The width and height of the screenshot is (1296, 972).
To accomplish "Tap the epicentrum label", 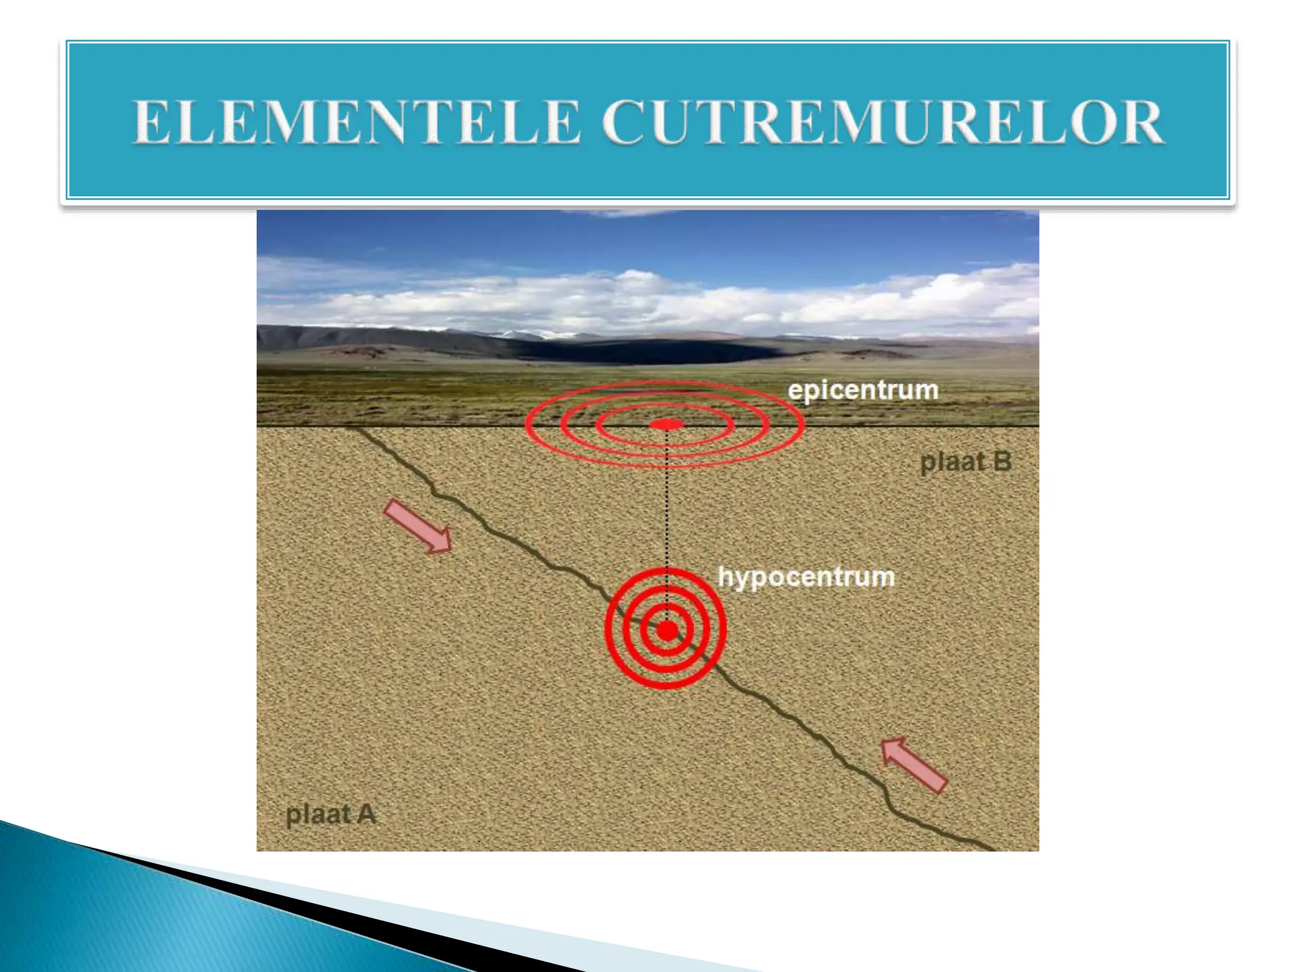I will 863,390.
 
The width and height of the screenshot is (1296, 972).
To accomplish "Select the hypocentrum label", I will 806,577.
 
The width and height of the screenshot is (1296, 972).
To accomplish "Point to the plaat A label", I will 331,814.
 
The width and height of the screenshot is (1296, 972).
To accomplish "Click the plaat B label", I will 965,462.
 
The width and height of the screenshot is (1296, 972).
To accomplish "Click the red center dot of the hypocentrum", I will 666,630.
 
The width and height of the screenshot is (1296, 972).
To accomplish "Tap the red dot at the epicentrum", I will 666,424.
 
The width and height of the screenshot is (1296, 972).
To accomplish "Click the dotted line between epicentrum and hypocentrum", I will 666,506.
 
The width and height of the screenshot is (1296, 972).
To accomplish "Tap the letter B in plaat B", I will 1002,462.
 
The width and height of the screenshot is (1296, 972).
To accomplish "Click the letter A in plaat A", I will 366,814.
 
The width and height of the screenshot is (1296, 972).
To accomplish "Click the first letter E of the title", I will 151,122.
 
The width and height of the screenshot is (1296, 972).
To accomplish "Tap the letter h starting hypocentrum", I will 726,576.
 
